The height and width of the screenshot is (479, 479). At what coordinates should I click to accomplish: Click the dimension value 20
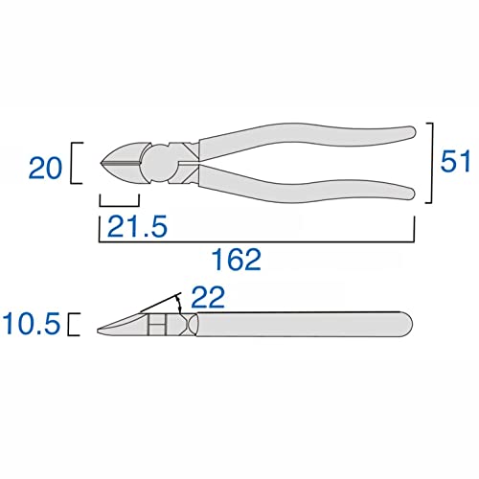tap(45, 169)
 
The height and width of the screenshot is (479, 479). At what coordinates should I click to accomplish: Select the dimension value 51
tap(455, 161)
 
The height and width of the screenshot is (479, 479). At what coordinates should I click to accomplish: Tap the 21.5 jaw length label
tap(137, 226)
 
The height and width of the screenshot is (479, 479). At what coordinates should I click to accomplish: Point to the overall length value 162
tap(237, 260)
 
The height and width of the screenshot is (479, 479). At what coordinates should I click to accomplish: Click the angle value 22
tap(208, 297)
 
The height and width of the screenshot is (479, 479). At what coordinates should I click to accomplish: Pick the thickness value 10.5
tap(32, 324)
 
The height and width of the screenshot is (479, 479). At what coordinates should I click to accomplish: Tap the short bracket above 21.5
tap(120, 206)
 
